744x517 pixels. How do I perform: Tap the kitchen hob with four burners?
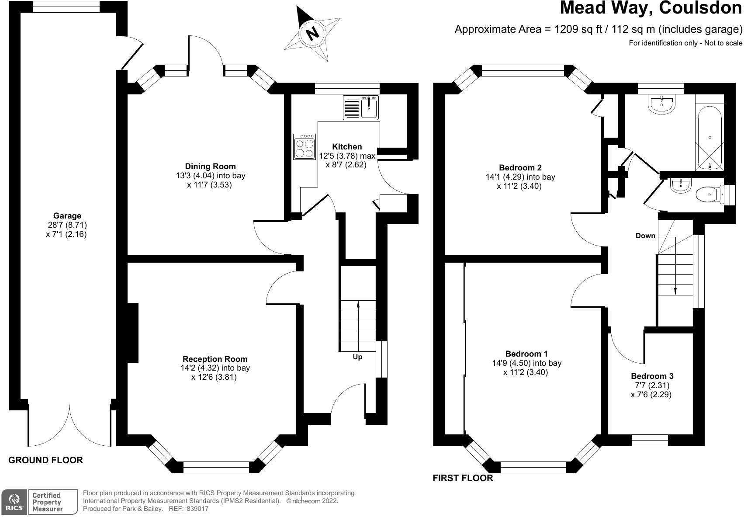coord(305,146)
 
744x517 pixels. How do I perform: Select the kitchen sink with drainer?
coord(361,108)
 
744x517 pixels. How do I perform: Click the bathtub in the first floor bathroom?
coord(709,138)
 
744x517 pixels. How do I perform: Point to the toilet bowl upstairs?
coord(709,194)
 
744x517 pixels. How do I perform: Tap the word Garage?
coord(67,215)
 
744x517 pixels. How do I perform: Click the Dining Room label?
coord(210,166)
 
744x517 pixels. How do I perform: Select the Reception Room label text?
coord(215,359)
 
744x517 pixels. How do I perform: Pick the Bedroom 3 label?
coord(652,376)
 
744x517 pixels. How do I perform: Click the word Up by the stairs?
coord(357,357)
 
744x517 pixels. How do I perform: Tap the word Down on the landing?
coord(645,236)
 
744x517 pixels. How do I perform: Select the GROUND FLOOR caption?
coord(45,460)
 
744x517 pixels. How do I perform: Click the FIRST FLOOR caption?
coord(463,478)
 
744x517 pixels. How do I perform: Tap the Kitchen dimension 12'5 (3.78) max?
coord(347,156)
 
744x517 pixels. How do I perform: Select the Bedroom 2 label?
coord(520,167)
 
